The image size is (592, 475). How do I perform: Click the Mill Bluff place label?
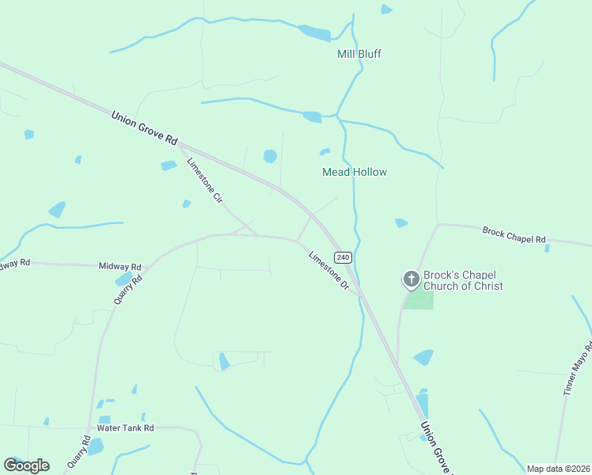359,54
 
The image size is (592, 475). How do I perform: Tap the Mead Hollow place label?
354,172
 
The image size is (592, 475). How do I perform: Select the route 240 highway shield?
342,257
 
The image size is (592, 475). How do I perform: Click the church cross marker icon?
411,279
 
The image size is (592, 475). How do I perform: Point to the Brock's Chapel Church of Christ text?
463,280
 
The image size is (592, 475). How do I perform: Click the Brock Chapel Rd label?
514,234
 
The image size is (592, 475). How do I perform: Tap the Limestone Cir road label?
204,182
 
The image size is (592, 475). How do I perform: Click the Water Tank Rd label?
125,427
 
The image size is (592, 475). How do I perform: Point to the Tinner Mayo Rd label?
578,368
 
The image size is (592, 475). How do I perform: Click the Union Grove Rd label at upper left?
144,127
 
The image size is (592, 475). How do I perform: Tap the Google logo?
26,465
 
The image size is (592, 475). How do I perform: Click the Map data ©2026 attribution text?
558,469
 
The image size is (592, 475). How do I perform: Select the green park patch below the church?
419,301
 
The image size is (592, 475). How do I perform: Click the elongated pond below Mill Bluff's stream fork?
313,117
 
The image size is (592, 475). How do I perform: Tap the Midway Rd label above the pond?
120,267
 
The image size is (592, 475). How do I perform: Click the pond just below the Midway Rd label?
124,279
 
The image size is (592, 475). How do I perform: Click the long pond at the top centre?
314,32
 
